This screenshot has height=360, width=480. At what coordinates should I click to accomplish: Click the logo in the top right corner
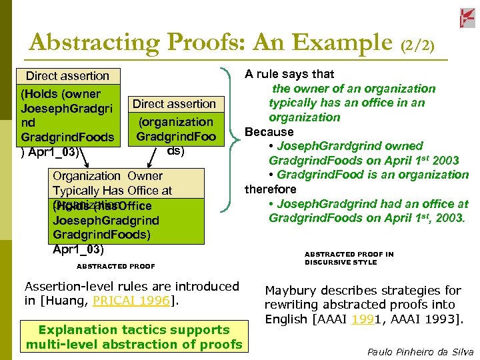tap(467, 18)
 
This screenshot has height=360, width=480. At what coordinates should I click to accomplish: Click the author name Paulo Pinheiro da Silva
tap(421, 351)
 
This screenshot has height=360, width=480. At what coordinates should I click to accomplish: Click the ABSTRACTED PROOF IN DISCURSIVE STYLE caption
tap(349, 258)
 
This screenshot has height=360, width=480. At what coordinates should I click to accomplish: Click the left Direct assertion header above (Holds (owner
tap(67, 76)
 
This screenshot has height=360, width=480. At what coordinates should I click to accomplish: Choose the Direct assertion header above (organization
tap(174, 104)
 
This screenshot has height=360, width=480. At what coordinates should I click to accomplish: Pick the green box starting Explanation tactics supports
tap(134, 337)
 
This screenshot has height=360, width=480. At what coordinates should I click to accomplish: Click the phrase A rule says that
tap(289, 74)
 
